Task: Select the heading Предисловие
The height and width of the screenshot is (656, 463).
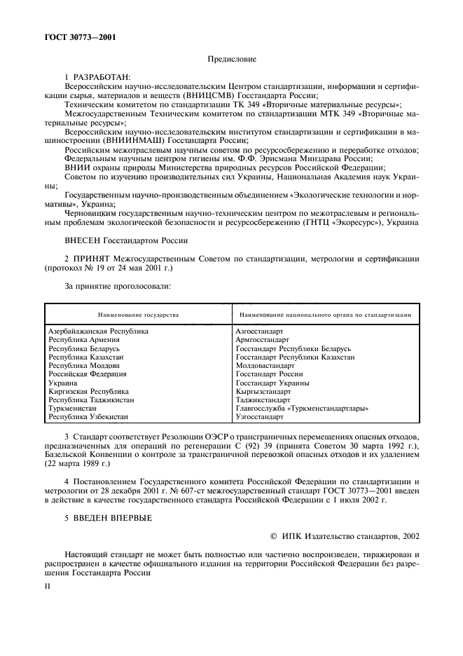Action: (x=231, y=60)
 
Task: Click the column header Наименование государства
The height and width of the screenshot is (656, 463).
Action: (x=139, y=315)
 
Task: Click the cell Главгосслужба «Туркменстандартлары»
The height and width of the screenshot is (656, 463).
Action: (x=302, y=408)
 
